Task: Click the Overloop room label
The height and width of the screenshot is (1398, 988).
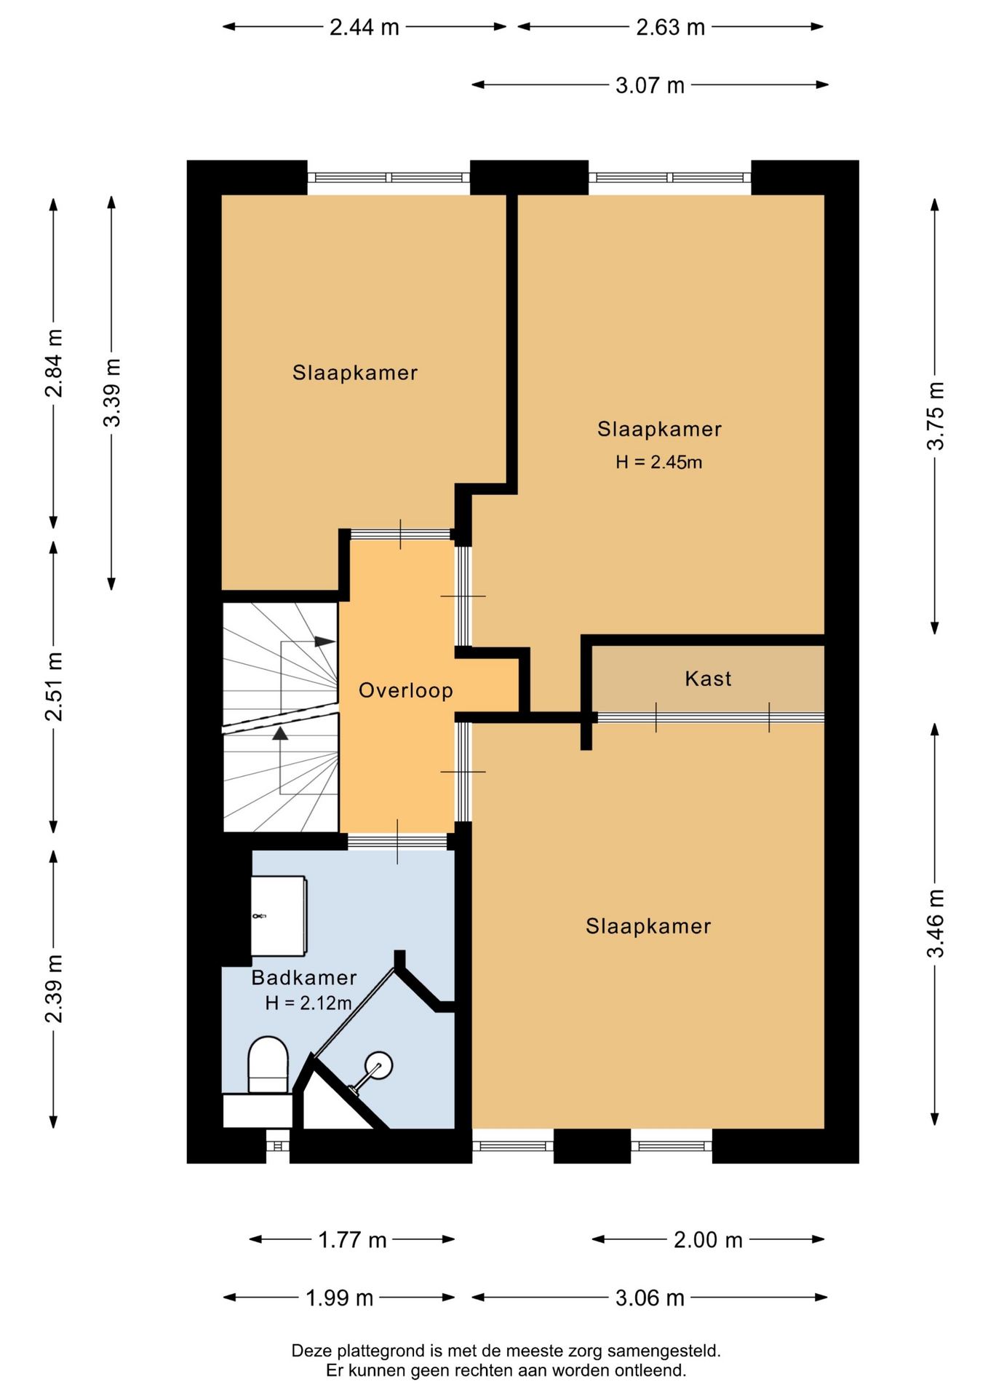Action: coord(406,690)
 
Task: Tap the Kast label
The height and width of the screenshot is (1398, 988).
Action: coord(708,679)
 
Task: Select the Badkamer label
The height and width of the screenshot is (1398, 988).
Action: coord(304,977)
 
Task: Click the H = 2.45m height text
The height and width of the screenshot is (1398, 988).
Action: coord(658,462)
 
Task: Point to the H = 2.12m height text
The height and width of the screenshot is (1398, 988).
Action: coord(308,1003)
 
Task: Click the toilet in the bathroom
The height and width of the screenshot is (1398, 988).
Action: coord(268,1065)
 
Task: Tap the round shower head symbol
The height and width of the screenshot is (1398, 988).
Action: coord(378,1066)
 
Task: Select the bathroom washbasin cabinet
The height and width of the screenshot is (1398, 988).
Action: coord(279,916)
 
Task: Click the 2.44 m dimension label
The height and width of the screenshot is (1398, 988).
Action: coord(364,27)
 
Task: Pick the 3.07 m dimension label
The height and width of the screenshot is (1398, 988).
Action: coord(650,85)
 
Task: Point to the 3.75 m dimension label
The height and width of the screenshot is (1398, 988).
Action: coord(935,416)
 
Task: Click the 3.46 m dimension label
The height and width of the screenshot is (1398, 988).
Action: coord(935,923)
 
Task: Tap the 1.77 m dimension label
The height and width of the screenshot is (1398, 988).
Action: coord(352,1239)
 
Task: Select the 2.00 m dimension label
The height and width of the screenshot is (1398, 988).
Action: coord(708,1239)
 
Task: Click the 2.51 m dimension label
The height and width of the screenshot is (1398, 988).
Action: coord(54,687)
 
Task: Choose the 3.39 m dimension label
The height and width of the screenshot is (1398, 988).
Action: coord(111,393)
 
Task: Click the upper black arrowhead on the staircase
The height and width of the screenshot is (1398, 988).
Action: coord(324,641)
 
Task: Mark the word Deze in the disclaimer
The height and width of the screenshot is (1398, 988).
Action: coord(308,1351)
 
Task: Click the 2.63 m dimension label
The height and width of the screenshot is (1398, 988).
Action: coord(671,27)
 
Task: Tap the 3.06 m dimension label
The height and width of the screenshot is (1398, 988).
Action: coord(650,1298)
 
